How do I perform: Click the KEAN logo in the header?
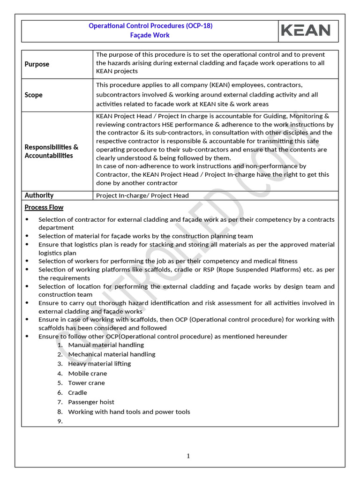306,30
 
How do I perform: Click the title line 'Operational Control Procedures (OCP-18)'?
150,26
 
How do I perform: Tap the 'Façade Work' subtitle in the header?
150,35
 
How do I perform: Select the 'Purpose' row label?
37,64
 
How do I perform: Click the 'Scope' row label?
34,95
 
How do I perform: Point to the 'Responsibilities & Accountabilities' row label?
52,151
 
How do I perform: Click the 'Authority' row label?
39,195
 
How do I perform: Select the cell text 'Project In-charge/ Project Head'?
142,195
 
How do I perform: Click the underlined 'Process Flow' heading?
44,207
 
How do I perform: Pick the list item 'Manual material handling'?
106,345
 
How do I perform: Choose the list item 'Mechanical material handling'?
112,354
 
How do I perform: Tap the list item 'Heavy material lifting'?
99,364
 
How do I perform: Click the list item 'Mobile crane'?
88,374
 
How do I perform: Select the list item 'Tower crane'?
87,383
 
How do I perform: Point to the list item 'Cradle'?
78,393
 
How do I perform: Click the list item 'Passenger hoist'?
91,402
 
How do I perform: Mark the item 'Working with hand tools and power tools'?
129,412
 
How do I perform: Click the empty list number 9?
60,421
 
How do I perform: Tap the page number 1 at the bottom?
188,456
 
